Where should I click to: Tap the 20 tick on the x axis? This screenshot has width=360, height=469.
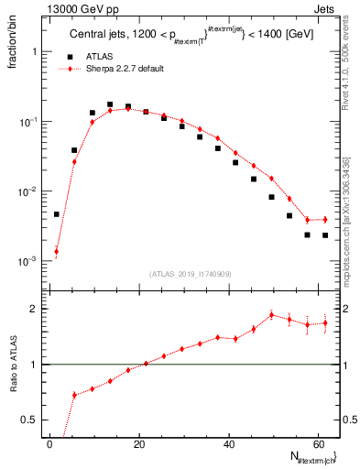138,442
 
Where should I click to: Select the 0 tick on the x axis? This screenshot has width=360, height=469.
49,442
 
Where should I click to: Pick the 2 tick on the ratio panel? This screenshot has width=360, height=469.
35,309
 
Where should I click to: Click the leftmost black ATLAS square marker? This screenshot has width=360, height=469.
57,214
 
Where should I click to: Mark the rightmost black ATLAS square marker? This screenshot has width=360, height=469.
325,235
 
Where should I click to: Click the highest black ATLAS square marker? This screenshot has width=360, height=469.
110,105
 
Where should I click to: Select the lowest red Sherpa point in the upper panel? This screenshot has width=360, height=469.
57,251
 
